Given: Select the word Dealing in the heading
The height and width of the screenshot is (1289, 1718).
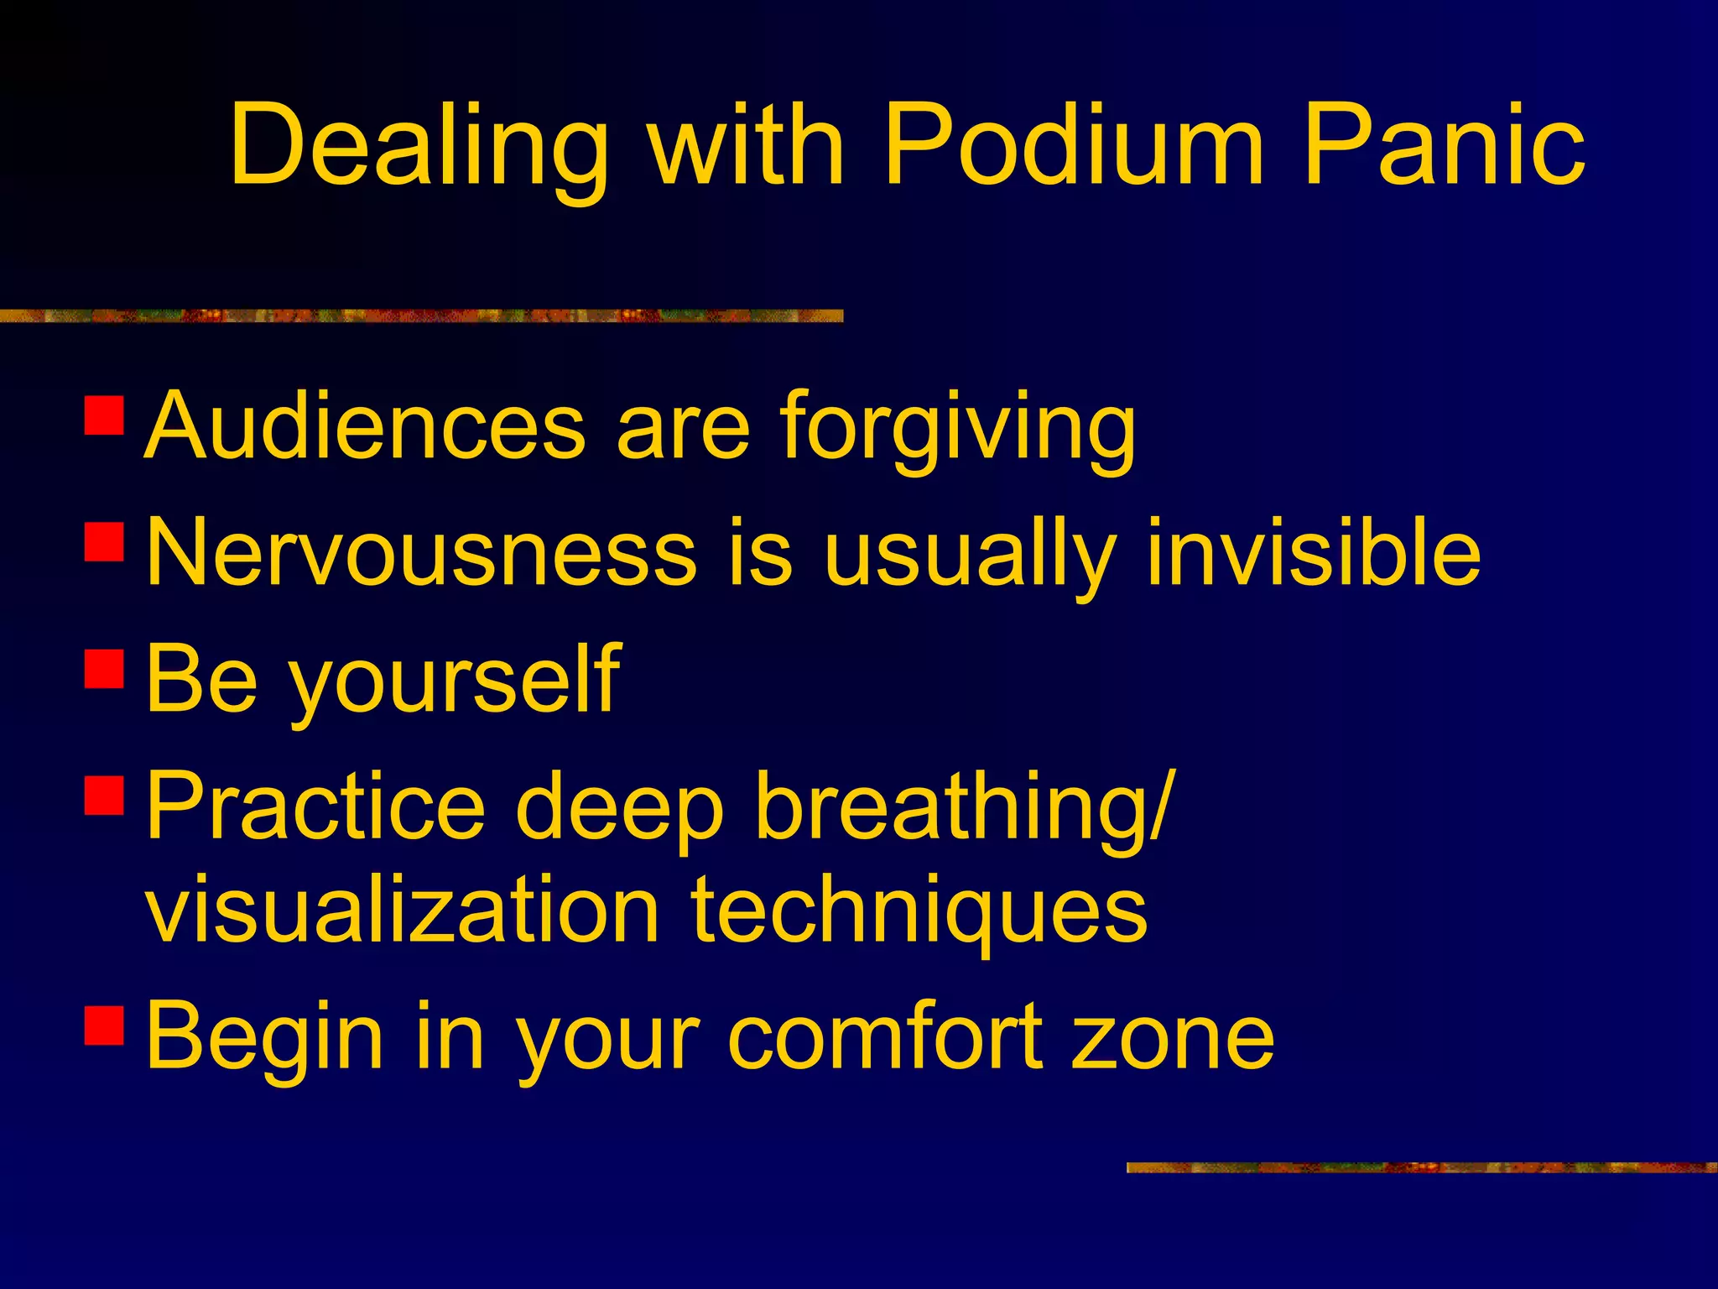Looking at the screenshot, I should pos(419,147).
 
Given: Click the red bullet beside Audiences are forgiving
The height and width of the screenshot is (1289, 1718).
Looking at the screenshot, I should pos(105,415).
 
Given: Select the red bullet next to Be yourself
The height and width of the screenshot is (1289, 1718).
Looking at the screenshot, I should pos(105,669).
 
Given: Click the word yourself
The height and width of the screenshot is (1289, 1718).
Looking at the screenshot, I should pos(453,681).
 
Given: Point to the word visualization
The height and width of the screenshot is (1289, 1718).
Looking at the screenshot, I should pos(403,911).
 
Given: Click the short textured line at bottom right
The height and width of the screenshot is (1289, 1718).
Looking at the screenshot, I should pos(1421,1167).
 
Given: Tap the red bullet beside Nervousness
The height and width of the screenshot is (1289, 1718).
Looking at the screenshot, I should pos(105,541).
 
